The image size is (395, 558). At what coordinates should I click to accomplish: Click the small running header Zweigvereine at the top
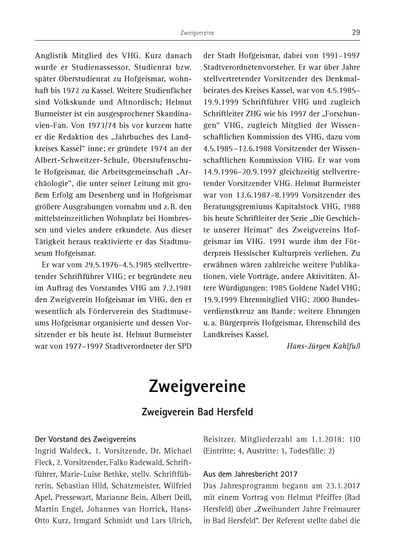(197, 33)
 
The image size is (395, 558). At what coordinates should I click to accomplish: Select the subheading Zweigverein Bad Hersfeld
(197, 412)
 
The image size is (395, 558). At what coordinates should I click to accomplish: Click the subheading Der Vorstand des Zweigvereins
(85, 438)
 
